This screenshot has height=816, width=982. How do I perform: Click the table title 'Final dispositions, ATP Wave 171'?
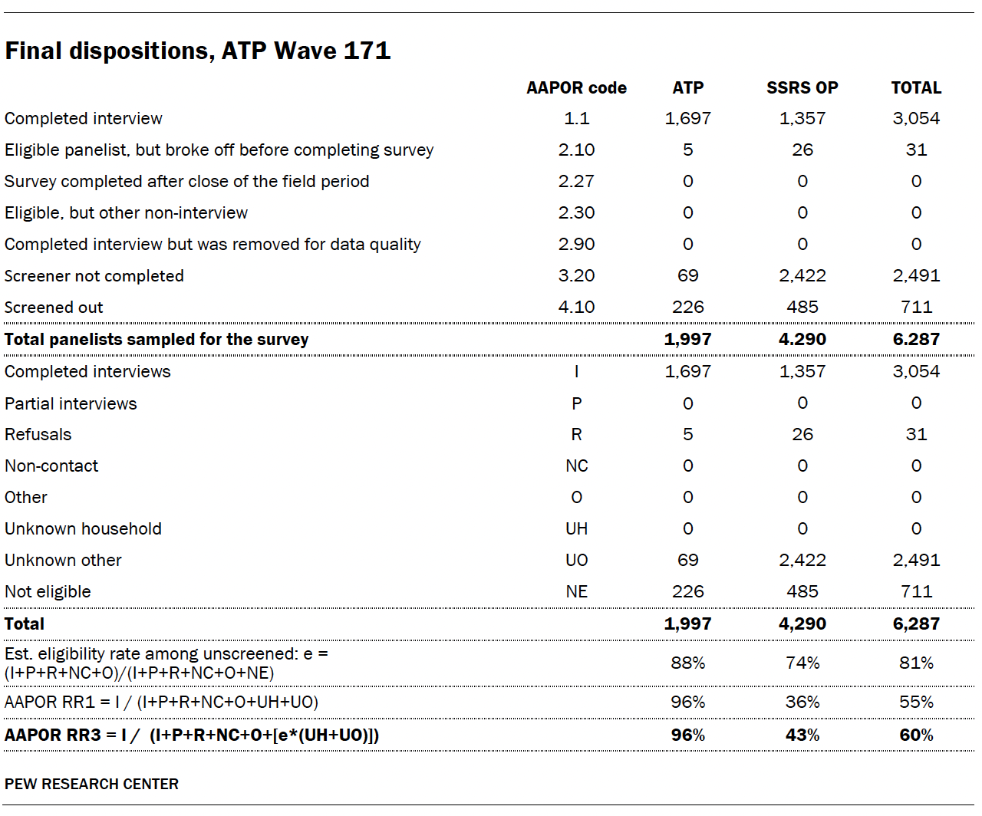tap(198, 51)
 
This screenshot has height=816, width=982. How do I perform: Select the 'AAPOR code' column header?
tap(576, 87)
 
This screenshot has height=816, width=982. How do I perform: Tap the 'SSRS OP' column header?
tap(802, 87)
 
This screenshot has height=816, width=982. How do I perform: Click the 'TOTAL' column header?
tap(916, 87)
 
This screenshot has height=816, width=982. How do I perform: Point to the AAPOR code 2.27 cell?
tap(576, 181)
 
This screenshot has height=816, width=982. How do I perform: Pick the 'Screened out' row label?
tap(54, 308)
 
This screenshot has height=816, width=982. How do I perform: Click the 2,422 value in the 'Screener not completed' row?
tap(802, 275)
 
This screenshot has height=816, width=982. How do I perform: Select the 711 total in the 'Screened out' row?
tap(916, 307)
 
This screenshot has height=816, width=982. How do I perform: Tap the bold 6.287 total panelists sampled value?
tap(916, 339)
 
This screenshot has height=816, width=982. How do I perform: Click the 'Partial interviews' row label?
tap(71, 403)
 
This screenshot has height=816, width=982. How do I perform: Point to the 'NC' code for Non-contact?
tap(576, 466)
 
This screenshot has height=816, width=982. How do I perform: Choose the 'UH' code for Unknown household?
tap(576, 528)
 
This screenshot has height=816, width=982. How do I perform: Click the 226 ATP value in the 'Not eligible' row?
tap(687, 591)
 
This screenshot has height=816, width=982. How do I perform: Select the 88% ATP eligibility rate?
tap(687, 663)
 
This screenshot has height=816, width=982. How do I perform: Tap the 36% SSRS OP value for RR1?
tap(802, 702)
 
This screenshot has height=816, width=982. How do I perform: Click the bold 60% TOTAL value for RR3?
tap(916, 735)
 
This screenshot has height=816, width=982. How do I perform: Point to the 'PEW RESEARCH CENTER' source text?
tap(91, 784)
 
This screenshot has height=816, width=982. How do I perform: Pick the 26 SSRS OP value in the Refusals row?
tap(802, 434)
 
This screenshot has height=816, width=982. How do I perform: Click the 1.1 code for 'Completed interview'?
tap(576, 118)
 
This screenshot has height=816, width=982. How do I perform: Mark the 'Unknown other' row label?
tap(63, 560)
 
